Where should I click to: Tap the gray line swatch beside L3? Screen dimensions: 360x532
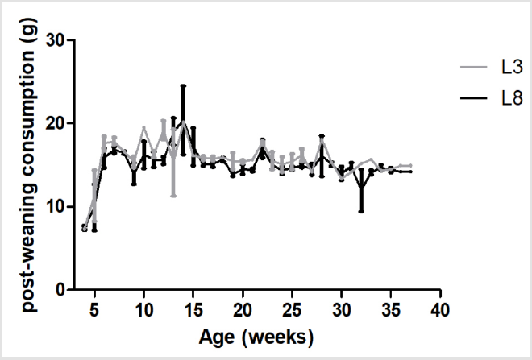475,68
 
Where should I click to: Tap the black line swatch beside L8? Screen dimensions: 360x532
475,101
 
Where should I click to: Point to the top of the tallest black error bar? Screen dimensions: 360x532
184,85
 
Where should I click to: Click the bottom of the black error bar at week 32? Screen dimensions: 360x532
362,211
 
